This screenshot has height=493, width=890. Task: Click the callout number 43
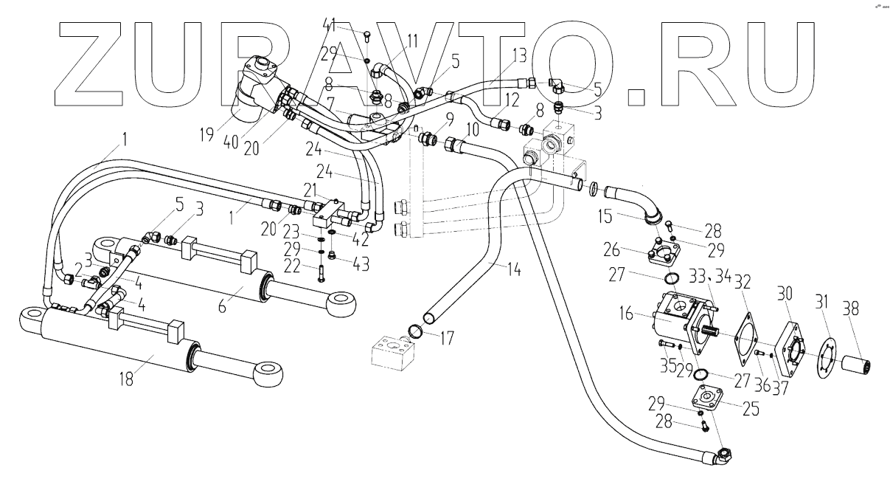(360, 263)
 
